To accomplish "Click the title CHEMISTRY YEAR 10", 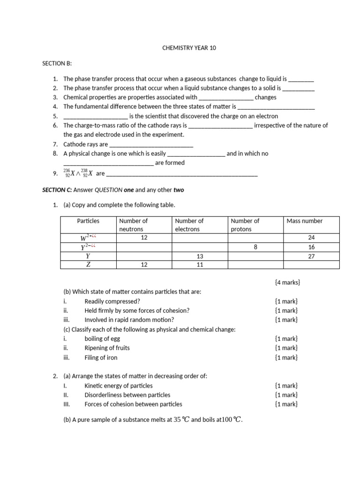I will click(189, 48).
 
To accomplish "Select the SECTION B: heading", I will click(58, 63).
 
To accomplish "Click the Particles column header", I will click(89, 221).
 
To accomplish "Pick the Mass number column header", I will click(305, 221).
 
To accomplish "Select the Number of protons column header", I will click(245, 225).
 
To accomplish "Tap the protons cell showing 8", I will click(255, 247).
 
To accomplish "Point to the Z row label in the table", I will click(88, 265).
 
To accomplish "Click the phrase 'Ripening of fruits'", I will click(107, 348).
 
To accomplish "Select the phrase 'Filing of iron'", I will click(101, 357).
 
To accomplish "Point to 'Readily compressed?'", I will click(112, 301).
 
